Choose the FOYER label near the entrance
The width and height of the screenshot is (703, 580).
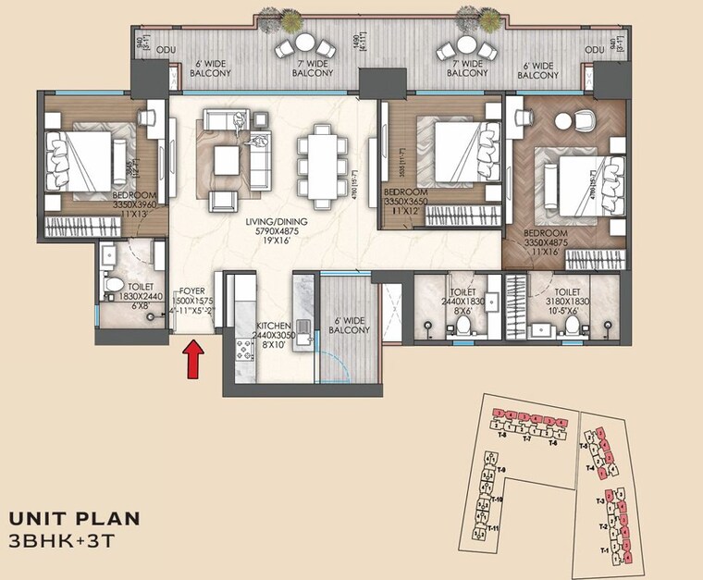(x=191, y=291)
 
